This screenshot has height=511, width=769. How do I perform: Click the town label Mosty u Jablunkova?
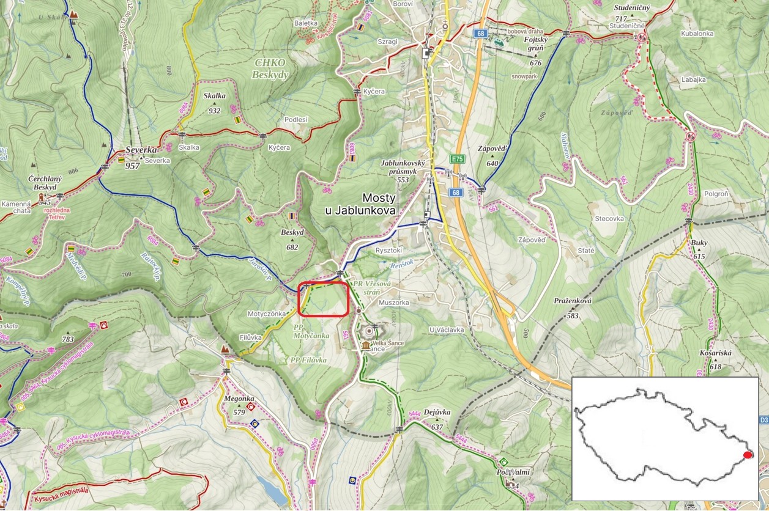coord(361,204)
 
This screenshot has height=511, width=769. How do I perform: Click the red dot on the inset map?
coord(747,455)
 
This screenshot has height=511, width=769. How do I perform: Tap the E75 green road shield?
coord(457,159)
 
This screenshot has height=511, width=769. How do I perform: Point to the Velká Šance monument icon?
coord(366,345)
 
